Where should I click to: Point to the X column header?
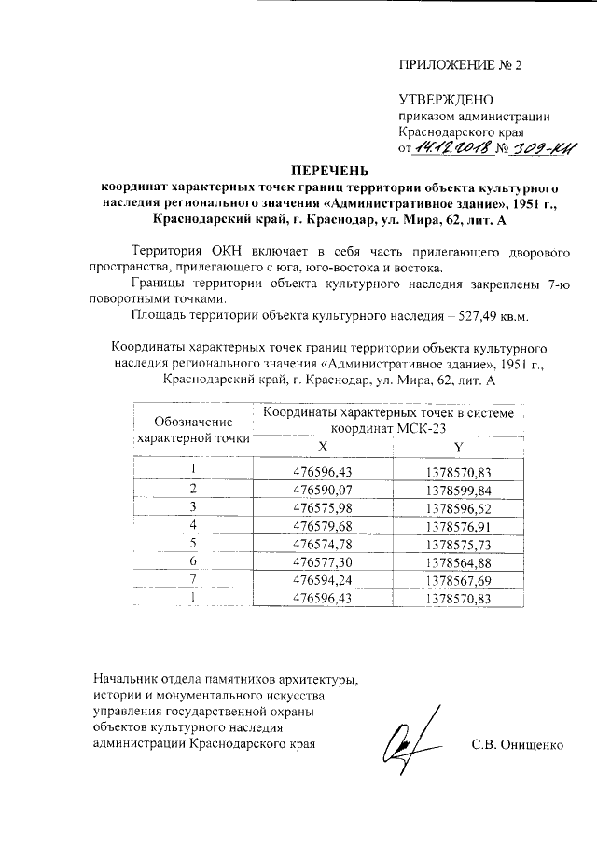coord(323,446)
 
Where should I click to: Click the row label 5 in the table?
coord(193,543)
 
